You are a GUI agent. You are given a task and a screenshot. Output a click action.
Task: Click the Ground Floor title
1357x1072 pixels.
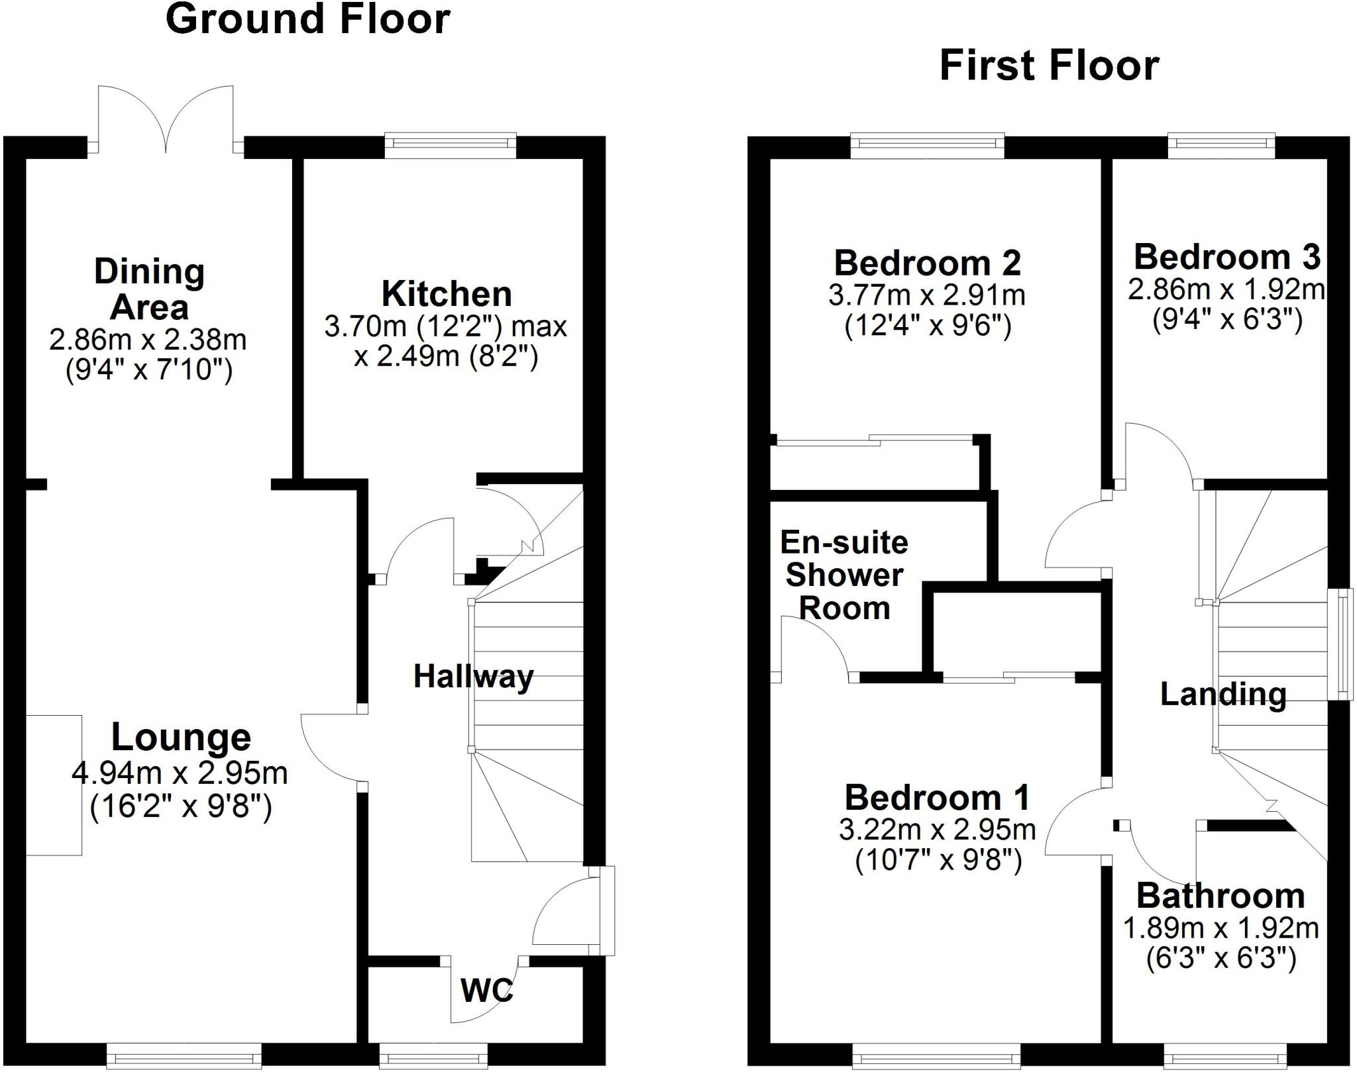[x=307, y=19]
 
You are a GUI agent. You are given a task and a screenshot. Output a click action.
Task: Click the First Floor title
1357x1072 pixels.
[x=1049, y=66]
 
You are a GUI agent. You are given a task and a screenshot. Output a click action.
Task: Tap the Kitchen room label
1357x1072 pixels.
[x=447, y=294]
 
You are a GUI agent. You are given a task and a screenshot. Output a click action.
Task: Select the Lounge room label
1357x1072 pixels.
[x=181, y=737]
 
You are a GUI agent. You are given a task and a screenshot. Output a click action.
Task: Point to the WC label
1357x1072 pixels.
[x=487, y=991]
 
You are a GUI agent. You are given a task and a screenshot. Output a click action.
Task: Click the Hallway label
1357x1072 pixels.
[x=473, y=677]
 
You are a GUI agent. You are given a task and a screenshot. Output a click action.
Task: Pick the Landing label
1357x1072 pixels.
[x=1223, y=694]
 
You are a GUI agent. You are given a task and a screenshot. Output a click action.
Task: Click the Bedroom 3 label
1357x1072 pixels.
[x=1227, y=257]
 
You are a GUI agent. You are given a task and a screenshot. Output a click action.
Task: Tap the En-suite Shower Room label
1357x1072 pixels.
[x=844, y=575]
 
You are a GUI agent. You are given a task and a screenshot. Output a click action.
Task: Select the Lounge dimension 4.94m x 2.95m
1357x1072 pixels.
[x=180, y=773]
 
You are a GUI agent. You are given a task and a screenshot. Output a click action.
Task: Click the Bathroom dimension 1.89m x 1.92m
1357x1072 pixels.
[x=1221, y=928]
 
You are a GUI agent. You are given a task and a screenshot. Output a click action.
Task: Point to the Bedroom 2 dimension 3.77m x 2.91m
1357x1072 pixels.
[x=927, y=295]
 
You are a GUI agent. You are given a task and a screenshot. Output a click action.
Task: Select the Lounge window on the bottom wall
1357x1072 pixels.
[x=184, y=1055]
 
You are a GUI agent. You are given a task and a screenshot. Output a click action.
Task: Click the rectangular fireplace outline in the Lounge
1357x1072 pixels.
[x=54, y=785]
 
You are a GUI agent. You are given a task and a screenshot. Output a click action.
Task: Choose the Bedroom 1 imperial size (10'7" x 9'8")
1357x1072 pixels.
[x=938, y=860]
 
